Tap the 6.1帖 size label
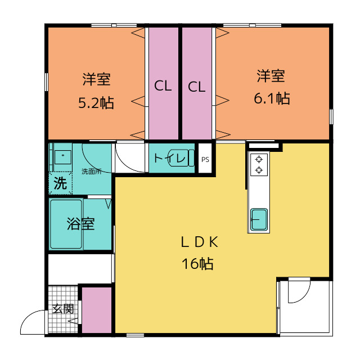272,98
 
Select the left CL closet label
163,86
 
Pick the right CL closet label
196,87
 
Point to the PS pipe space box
205,159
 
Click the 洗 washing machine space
60,183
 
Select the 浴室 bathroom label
80,224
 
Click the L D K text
198,242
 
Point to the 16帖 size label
197,263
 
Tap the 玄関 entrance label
63,309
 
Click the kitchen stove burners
259,164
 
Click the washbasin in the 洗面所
62,156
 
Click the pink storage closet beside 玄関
97,310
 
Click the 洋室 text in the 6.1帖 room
272,75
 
